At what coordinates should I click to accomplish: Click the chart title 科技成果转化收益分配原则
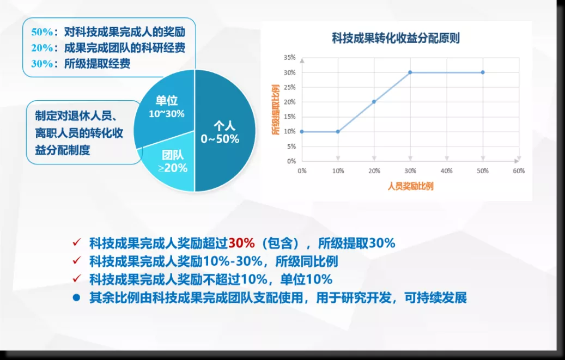point(396,38)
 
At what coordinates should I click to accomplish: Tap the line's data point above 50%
point(483,72)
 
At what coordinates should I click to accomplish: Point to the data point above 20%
point(374,102)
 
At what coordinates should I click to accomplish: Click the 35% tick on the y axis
point(289,57)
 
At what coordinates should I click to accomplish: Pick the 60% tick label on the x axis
point(519,171)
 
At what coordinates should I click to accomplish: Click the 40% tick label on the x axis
point(446,171)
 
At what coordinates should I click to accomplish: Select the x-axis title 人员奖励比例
point(410,186)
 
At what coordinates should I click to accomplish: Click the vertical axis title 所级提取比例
point(276,110)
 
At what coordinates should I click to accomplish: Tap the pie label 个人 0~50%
point(220,132)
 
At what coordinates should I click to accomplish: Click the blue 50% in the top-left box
point(42,32)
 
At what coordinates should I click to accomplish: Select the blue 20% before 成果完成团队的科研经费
point(42,48)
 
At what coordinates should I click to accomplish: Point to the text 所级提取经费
point(98,64)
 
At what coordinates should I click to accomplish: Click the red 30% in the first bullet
point(241,243)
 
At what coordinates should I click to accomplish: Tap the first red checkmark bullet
point(77,242)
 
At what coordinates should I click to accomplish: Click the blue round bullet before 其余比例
point(76,298)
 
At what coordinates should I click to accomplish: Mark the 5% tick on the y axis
point(291,147)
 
